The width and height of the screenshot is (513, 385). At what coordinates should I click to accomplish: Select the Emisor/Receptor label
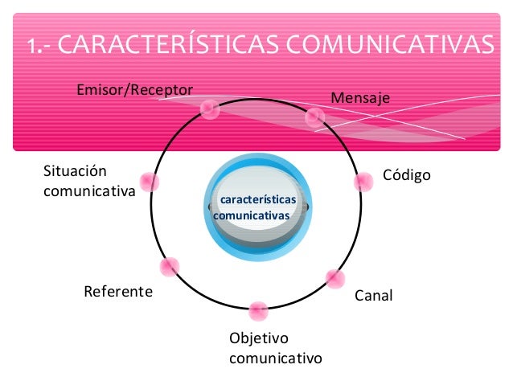(x=134, y=88)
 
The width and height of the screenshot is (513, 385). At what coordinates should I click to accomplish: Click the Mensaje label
(x=359, y=98)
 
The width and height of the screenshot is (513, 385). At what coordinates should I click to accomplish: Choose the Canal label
(x=374, y=296)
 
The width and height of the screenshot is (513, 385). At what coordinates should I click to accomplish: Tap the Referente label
(x=117, y=291)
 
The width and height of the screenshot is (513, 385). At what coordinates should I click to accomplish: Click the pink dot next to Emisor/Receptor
(x=210, y=109)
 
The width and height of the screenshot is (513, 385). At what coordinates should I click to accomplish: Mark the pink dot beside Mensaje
(x=315, y=117)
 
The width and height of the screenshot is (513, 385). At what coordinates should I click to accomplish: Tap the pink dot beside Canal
(x=334, y=279)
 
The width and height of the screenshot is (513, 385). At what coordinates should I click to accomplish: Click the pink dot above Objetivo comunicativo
(x=258, y=310)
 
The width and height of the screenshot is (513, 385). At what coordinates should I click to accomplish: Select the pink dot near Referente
(x=170, y=267)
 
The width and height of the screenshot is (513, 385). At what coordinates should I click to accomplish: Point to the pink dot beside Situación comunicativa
(x=149, y=182)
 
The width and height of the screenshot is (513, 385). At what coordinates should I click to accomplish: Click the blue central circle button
(x=257, y=207)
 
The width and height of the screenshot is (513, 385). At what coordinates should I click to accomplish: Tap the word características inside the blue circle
(x=258, y=199)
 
